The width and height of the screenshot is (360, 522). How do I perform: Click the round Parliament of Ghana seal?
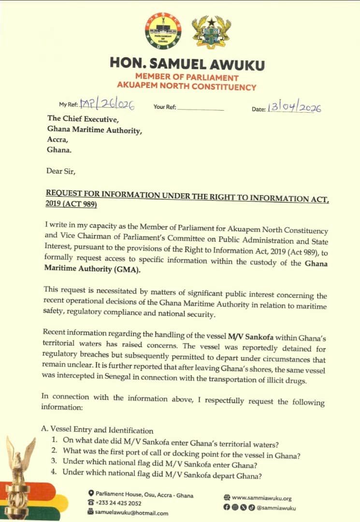pyautogui.click(x=163, y=31)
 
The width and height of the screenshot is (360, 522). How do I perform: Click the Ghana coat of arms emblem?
pyautogui.click(x=211, y=32)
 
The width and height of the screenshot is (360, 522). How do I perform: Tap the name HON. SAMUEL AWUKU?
pyautogui.click(x=187, y=63)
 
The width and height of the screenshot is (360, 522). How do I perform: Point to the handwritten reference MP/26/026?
pyautogui.click(x=107, y=104)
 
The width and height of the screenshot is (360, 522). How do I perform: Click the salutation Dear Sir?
pyautogui.click(x=61, y=171)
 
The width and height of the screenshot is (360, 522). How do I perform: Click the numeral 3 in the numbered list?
pyautogui.click(x=55, y=461)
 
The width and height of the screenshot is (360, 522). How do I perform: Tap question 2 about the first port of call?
pyautogui.click(x=179, y=451)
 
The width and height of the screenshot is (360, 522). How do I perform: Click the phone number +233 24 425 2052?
pyautogui.click(x=118, y=503)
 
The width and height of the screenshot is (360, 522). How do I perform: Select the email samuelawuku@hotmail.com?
pyautogui.click(x=131, y=513)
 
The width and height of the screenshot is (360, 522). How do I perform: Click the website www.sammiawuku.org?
pyautogui.click(x=261, y=498)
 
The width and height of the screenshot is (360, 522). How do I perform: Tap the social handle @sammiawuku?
pyautogui.click(x=276, y=507)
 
